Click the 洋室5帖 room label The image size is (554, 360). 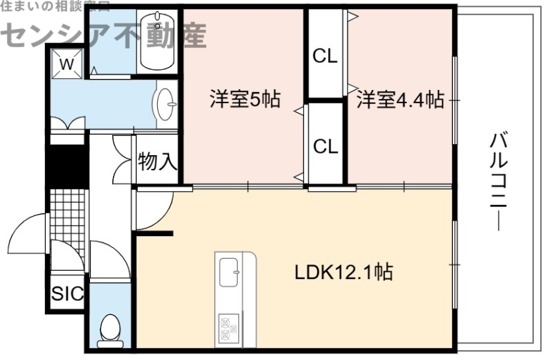pos(244,100)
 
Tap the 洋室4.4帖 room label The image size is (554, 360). pos(400,100)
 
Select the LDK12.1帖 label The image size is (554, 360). pos(343,272)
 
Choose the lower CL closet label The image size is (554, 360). pos(325,146)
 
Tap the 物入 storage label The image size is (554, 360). pos(157,162)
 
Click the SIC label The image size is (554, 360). pos(67,294)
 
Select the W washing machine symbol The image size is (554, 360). pos(66,64)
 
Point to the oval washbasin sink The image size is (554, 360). pos(166,105)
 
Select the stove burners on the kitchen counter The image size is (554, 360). pos(229,326)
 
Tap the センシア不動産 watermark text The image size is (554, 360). pos(104,35)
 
